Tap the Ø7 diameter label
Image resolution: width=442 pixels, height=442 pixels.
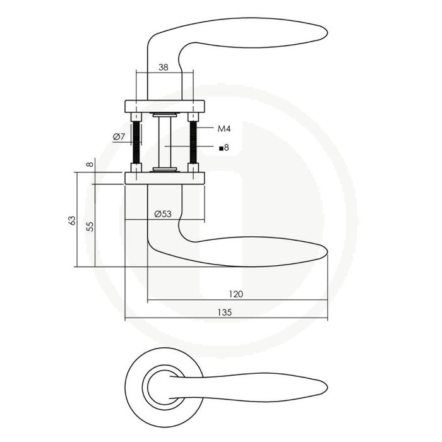tap(119, 138)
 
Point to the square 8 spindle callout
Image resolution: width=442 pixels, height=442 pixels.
tap(223, 148)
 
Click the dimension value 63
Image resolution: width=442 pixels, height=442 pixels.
tap(72, 220)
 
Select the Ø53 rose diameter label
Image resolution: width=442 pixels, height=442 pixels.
tap(164, 213)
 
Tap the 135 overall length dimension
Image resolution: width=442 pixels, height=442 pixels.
tap(226, 312)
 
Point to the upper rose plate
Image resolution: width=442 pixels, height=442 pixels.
tap(166, 105)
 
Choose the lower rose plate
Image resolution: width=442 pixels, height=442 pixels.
tap(166, 177)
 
